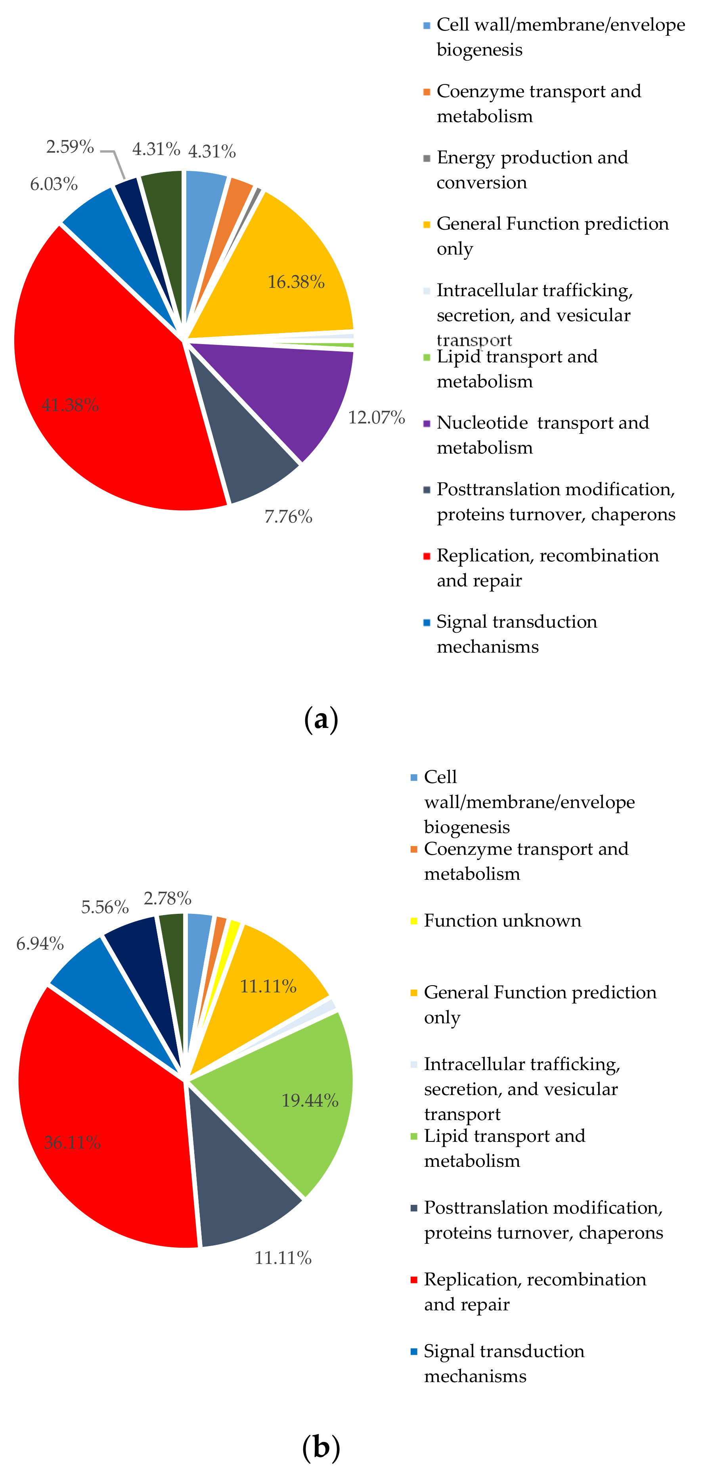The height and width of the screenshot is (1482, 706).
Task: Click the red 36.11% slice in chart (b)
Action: tap(103, 1128)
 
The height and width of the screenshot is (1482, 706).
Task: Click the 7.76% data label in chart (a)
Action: tap(288, 517)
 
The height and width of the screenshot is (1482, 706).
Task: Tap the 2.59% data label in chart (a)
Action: tap(70, 147)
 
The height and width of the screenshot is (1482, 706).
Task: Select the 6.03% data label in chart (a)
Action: tap(54, 184)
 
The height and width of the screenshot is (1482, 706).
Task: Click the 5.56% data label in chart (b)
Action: tap(105, 907)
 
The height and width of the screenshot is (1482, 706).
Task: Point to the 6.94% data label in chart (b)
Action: tap(40, 944)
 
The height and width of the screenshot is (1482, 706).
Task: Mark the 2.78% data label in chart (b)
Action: tap(167, 898)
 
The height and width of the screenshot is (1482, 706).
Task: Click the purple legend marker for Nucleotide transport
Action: tap(427, 423)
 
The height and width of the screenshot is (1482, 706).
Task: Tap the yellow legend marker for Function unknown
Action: tap(414, 921)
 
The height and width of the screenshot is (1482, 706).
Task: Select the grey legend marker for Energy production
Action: tap(427, 158)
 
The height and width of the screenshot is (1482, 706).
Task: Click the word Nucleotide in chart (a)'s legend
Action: tap(482, 423)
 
